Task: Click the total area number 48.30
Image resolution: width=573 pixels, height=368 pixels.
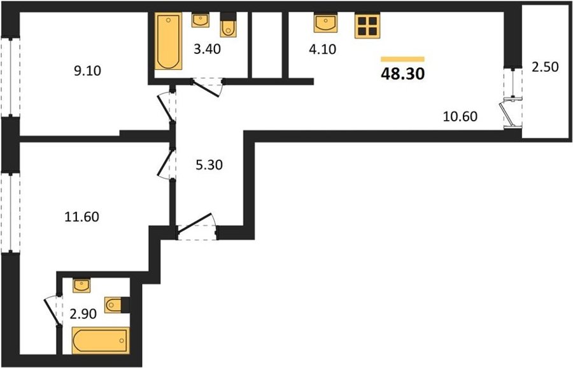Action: (402, 74)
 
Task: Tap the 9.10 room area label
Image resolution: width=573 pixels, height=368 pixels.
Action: (87, 71)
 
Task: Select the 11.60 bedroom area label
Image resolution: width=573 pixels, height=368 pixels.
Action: (82, 217)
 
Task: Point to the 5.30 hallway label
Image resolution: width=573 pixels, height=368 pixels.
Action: (209, 165)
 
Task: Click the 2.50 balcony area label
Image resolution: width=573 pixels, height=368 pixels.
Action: (545, 67)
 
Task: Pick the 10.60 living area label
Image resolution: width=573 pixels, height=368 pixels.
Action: (460, 116)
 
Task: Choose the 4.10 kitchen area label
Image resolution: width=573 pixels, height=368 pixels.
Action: (322, 49)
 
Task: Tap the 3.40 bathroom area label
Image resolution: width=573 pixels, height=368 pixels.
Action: (207, 49)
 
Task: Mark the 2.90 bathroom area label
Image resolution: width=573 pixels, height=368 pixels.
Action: (83, 313)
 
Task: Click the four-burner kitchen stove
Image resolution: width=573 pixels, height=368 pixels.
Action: (367, 25)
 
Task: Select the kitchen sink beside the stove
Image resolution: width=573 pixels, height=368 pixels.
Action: (325, 23)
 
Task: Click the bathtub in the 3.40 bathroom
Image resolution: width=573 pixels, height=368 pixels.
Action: (168, 41)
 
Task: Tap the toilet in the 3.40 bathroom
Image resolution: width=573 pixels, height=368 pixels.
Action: (229, 25)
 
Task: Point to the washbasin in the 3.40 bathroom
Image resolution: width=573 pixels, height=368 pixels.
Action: (201, 20)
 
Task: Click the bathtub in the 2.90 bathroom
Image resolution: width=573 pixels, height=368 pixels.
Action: (101, 341)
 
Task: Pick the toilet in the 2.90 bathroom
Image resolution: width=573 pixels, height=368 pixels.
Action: (117, 305)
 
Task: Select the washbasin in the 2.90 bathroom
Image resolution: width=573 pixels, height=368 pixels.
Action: (81, 285)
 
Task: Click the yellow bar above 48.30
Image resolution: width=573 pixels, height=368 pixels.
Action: (402, 59)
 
